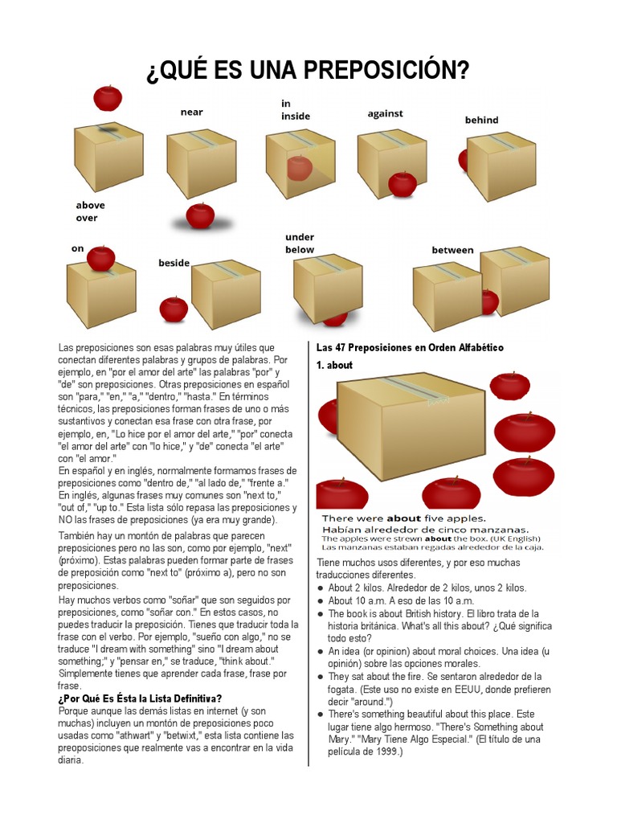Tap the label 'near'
(191, 112)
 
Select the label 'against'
(385, 113)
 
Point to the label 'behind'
(482, 120)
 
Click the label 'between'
(453, 250)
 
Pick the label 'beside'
(174, 263)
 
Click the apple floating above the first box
(108, 97)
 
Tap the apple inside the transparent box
(300, 168)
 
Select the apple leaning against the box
(402, 184)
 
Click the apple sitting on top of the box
(100, 258)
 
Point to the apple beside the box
(174, 309)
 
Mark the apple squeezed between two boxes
(490, 302)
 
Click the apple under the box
(335, 318)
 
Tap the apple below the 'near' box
(200, 215)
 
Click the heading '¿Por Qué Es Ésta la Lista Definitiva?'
(140, 698)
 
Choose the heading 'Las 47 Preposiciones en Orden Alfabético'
(410, 347)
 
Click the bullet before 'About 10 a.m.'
(321, 601)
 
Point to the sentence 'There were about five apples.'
(404, 518)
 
